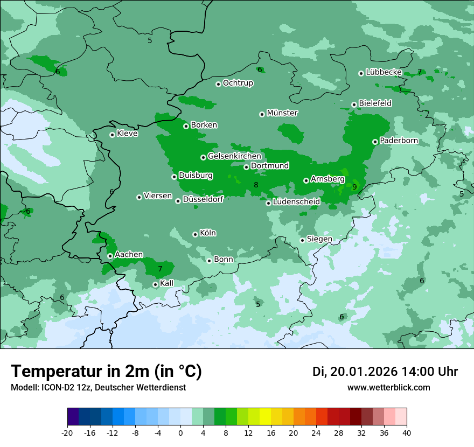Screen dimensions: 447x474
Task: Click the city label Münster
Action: [x=282, y=113]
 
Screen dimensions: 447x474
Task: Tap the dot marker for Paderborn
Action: [x=375, y=142]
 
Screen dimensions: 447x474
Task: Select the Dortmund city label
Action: [x=270, y=166]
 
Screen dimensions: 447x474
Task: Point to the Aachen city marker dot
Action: [x=110, y=256]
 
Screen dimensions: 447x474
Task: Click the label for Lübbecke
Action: [x=384, y=72]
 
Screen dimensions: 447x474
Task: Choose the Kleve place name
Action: [x=127, y=134]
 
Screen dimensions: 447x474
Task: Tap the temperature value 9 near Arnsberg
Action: [x=354, y=187]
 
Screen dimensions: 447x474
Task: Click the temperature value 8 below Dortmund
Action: [x=256, y=185]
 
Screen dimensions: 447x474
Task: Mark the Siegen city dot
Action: [x=303, y=240]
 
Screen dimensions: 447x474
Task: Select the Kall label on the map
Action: [x=167, y=283]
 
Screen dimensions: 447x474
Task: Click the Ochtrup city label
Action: [x=238, y=83]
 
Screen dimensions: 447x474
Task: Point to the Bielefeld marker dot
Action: [x=354, y=104]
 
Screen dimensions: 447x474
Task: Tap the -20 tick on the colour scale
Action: [x=67, y=432]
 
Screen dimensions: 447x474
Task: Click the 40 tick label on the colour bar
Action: [x=407, y=432]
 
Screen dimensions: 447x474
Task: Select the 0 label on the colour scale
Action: [x=180, y=432]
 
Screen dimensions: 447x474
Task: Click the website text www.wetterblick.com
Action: [x=388, y=387]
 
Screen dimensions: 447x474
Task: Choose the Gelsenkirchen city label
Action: [x=234, y=156]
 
